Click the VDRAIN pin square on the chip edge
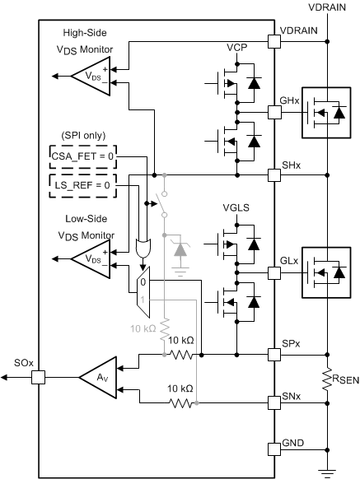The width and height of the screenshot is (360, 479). click(274, 40)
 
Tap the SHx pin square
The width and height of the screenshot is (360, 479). click(274, 174)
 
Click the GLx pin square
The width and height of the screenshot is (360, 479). click(274, 269)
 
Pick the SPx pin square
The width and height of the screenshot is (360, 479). click(274, 355)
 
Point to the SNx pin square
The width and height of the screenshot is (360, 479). click(274, 402)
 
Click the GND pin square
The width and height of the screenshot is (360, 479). click(274, 449)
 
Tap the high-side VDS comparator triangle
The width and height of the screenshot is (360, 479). click(87, 76)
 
